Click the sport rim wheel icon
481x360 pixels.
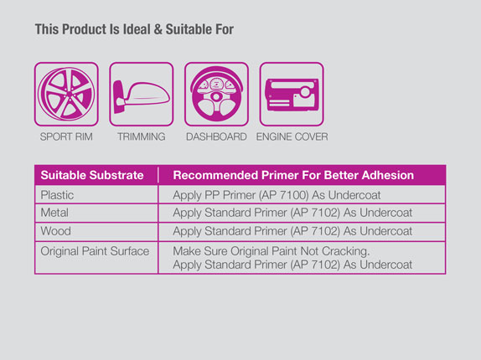(66, 94)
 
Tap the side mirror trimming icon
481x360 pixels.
(142, 94)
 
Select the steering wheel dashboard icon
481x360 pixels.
(216, 94)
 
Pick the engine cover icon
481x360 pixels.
(292, 94)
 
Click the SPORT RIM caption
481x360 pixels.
(66, 136)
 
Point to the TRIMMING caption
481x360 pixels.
(142, 136)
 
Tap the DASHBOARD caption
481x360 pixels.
(216, 136)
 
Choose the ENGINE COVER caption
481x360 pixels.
(292, 136)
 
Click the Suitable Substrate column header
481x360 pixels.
(92, 175)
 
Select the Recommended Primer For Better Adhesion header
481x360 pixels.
(293, 175)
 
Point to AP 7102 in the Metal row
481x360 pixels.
(317, 213)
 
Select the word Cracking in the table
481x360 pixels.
(346, 251)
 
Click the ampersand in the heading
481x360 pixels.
(158, 29)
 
